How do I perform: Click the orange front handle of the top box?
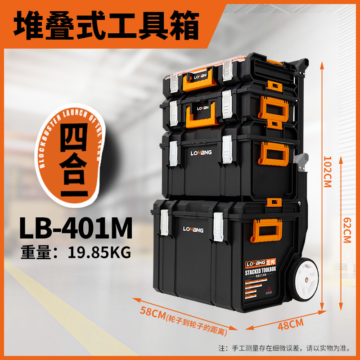click(x=198, y=78)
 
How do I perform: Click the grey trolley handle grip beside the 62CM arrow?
click(x=301, y=160)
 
